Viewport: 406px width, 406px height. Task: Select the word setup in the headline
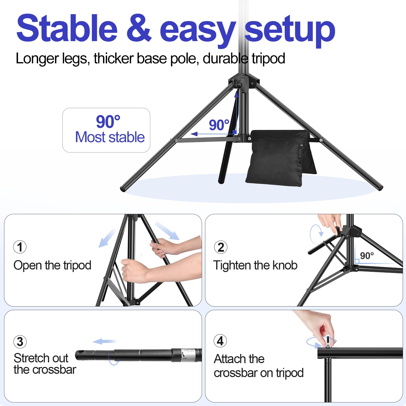tap(290, 30)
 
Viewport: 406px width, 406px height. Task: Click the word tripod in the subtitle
tap(268, 59)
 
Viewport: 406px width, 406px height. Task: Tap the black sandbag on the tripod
tap(279, 157)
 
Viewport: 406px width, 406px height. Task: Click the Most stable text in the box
tap(110, 137)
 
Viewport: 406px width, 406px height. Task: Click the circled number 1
tap(20, 247)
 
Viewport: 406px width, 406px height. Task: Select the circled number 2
tap(221, 247)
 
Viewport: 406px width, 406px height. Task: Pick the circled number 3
tap(20, 342)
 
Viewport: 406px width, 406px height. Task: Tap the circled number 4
tap(220, 341)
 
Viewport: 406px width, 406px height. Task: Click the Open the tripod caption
tap(52, 265)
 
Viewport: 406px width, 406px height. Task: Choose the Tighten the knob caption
tap(255, 265)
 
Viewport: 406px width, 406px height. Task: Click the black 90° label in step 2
tap(367, 256)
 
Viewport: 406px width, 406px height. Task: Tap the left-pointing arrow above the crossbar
tap(104, 342)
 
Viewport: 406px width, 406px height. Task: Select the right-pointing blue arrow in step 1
tap(167, 231)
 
